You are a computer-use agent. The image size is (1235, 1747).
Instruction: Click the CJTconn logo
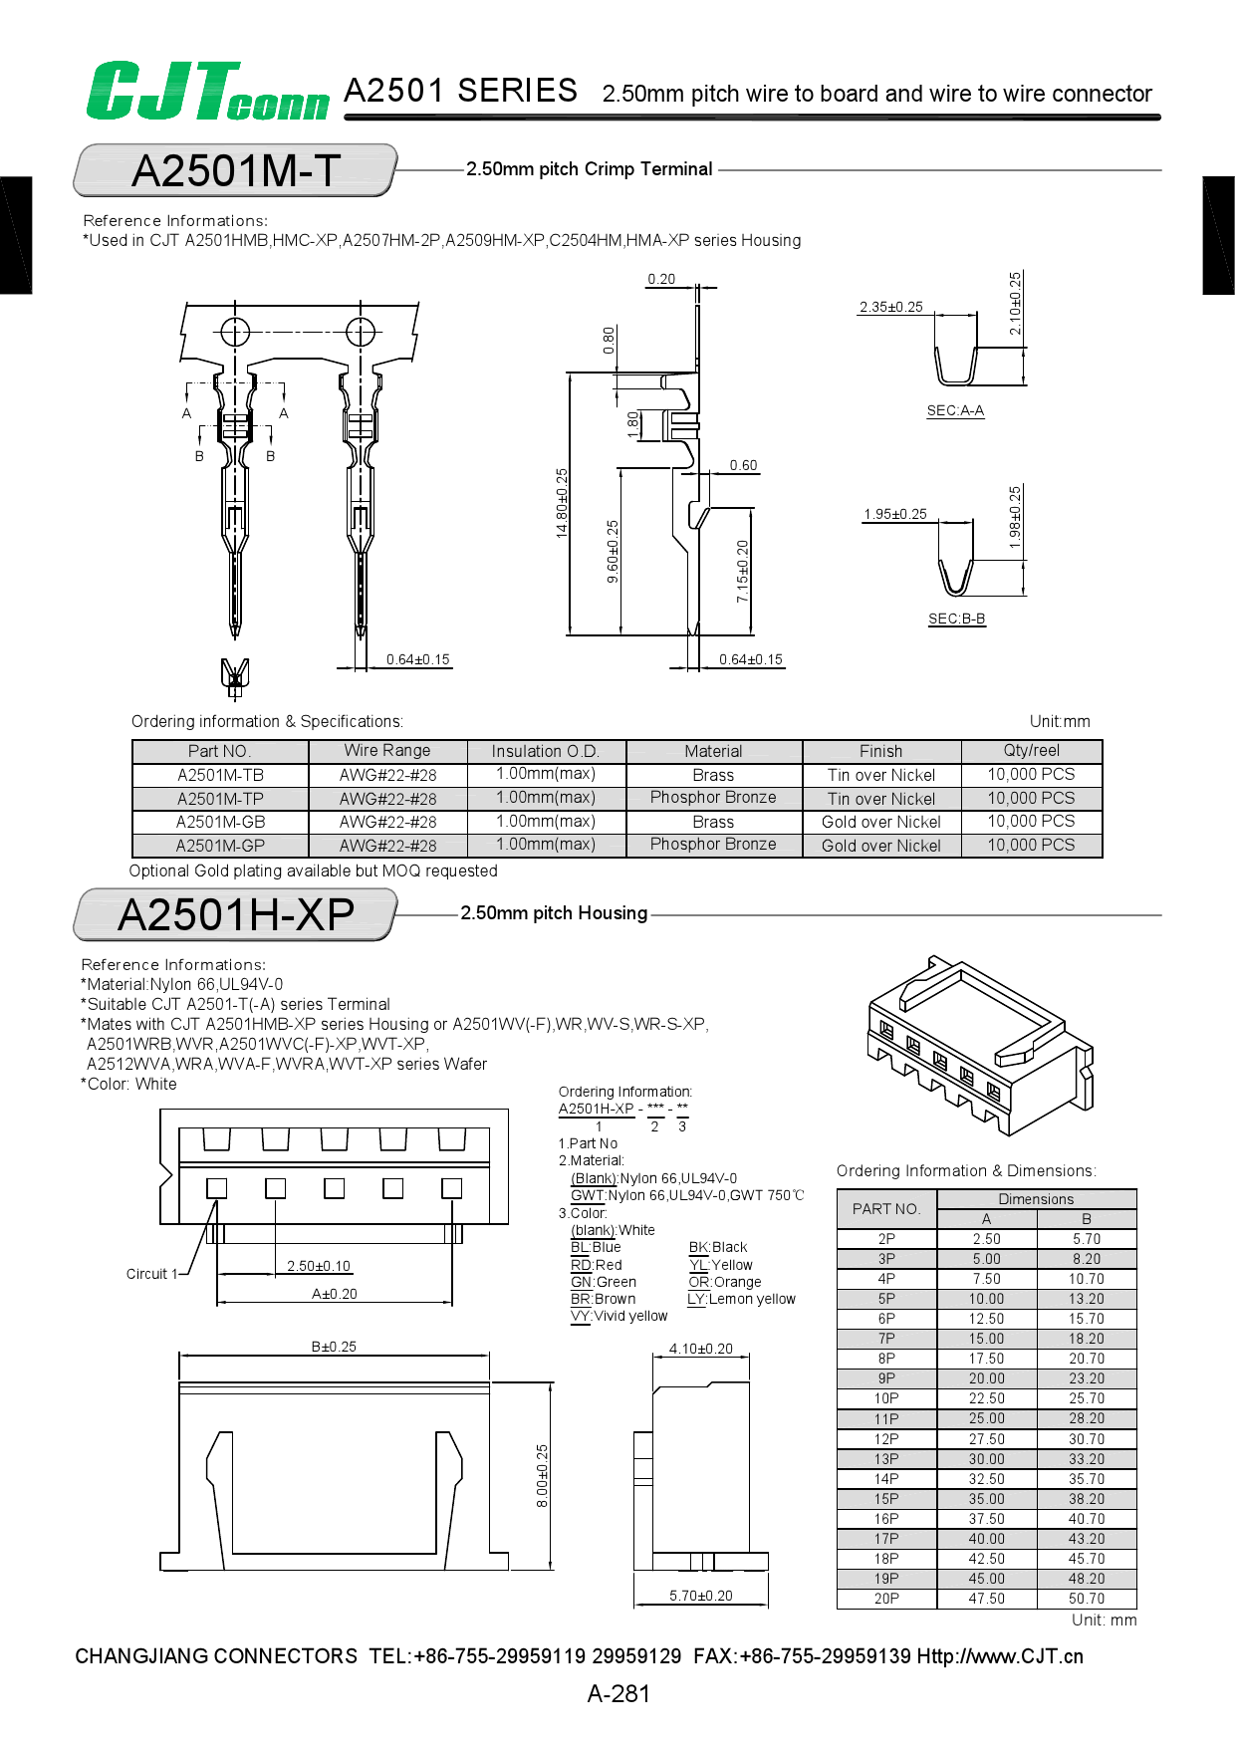tap(207, 92)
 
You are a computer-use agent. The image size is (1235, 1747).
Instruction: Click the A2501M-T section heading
tap(236, 170)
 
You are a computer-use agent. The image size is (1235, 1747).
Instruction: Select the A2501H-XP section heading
tap(236, 914)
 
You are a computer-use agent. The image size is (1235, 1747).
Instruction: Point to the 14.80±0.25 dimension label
tap(562, 503)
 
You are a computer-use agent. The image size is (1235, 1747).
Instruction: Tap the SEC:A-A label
tap(955, 410)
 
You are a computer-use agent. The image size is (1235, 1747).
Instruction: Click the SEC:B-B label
tap(956, 619)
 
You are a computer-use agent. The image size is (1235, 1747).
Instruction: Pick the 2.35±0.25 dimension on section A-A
tap(891, 307)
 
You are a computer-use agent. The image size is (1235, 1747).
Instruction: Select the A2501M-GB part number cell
tap(220, 822)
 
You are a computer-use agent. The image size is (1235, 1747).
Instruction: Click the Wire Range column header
tap(387, 751)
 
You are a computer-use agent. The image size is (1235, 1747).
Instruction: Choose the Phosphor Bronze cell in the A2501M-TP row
tap(713, 798)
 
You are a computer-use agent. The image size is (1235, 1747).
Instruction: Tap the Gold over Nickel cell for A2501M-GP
tap(881, 846)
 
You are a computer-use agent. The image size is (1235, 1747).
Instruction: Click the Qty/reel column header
tap(1031, 751)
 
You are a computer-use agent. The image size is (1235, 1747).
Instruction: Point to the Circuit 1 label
tap(151, 1274)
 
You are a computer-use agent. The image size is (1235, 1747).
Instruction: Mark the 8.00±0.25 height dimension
tap(542, 1475)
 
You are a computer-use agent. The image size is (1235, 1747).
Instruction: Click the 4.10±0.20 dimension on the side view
tap(700, 1349)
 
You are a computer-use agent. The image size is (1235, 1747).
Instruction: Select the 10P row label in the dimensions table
tap(886, 1398)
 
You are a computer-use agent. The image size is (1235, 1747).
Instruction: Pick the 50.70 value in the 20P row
tap(1086, 1599)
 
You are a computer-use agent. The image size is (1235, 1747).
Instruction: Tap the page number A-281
tap(618, 1693)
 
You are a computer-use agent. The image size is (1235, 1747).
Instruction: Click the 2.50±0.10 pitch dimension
tap(319, 1266)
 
